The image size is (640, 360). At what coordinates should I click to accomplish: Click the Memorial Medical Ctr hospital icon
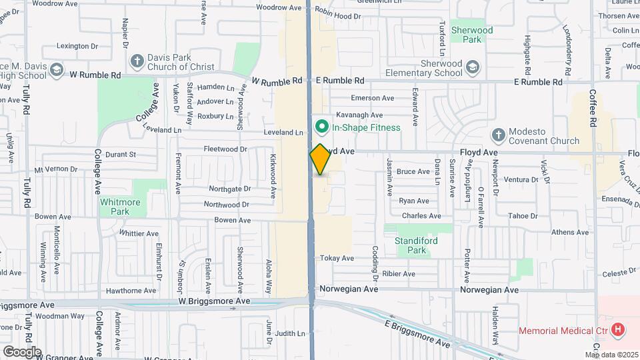click(619, 329)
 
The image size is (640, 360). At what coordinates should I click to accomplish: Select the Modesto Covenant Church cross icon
click(497, 135)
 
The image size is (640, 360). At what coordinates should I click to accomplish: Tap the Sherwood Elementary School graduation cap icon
click(472, 67)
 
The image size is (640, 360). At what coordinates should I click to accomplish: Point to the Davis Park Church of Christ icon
click(137, 62)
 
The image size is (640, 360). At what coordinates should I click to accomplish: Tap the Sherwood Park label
click(472, 35)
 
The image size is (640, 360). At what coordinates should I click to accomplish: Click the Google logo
click(21, 352)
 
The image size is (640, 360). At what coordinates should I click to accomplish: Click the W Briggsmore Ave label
click(214, 301)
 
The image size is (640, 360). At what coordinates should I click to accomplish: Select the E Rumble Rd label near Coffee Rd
click(537, 81)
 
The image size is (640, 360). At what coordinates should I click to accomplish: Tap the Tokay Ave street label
click(337, 258)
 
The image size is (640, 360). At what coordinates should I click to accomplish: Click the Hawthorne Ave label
click(131, 291)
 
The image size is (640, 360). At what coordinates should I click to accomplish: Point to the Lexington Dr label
click(77, 46)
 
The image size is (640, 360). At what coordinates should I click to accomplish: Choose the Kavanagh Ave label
click(359, 115)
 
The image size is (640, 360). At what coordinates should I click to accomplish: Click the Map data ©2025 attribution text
click(613, 355)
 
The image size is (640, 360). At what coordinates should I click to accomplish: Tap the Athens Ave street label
click(569, 232)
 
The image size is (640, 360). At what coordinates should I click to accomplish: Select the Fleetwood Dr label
click(225, 149)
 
